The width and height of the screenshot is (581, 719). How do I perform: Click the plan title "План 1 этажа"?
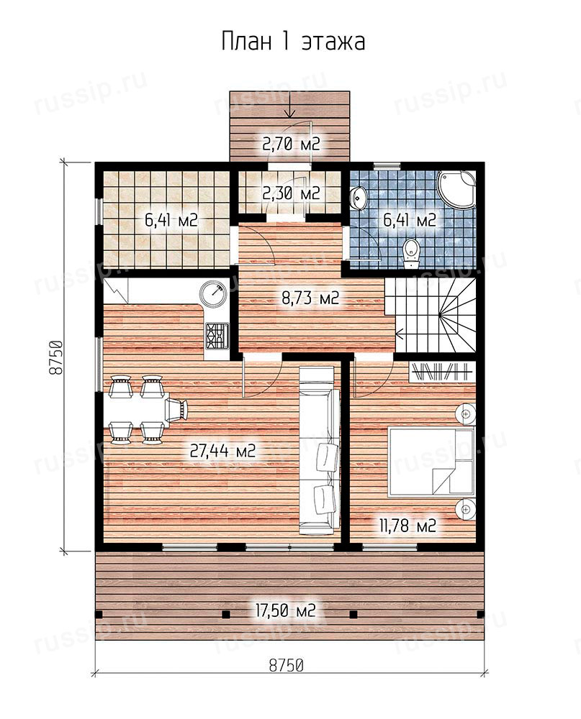coord(293,41)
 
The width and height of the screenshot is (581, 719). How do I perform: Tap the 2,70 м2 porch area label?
coord(291,144)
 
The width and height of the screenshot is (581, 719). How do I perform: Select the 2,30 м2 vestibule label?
coord(291,193)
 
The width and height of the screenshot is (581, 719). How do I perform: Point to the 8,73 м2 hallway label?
coord(310,298)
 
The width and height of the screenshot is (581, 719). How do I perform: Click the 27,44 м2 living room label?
coord(222,452)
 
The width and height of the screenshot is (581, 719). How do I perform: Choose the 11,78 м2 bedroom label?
coord(407,525)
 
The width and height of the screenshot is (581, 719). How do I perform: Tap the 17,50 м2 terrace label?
coord(285,610)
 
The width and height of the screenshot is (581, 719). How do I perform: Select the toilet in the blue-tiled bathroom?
coord(410,254)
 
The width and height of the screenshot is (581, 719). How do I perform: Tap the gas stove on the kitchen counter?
coord(217,335)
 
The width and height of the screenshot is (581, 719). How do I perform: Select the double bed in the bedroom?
coord(431,462)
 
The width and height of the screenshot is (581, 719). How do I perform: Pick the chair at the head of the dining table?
coord(176,409)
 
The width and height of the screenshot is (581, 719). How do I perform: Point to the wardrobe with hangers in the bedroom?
coord(441,371)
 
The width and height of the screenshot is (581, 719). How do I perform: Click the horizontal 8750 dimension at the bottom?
coord(286,664)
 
